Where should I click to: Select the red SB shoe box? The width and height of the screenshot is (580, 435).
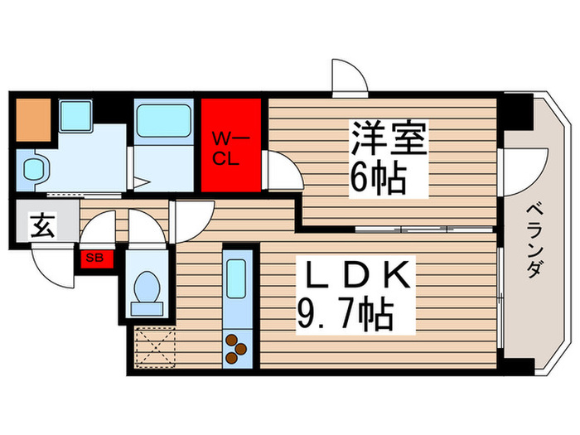[x=96, y=259]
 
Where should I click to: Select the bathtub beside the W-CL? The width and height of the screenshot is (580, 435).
[x=162, y=121]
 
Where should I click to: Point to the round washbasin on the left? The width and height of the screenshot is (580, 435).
[x=35, y=171]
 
